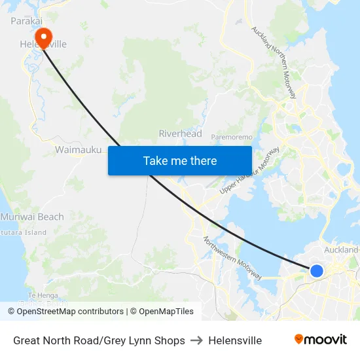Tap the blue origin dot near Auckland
[x=317, y=270]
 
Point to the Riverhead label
[x=180, y=134]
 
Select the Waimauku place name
[x=78, y=150]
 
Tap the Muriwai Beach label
[x=32, y=217]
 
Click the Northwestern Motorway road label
[x=232, y=258]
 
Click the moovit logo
[x=321, y=339]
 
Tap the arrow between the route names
[x=196, y=340]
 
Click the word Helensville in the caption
[x=235, y=340]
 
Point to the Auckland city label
[x=341, y=249]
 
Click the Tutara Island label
[x=24, y=232]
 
